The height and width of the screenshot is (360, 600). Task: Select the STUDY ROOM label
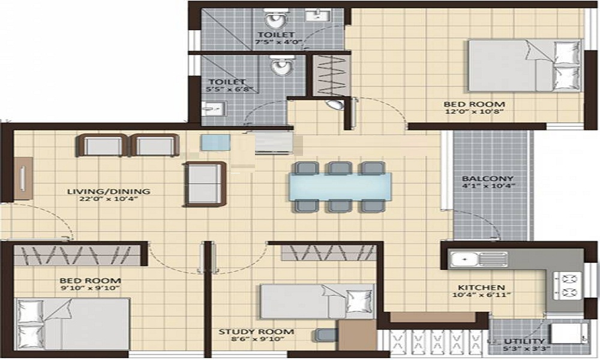pos(256,332)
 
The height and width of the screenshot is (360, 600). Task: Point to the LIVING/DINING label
pos(109,192)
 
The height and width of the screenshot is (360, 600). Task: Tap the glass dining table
pos(340,186)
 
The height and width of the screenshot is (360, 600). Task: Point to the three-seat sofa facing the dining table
pos(205,184)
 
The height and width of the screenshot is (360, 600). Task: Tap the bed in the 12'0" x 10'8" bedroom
pos(524,65)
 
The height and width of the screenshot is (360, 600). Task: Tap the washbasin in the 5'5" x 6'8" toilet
pos(212,109)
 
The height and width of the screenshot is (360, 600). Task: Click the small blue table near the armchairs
pos(214,143)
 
